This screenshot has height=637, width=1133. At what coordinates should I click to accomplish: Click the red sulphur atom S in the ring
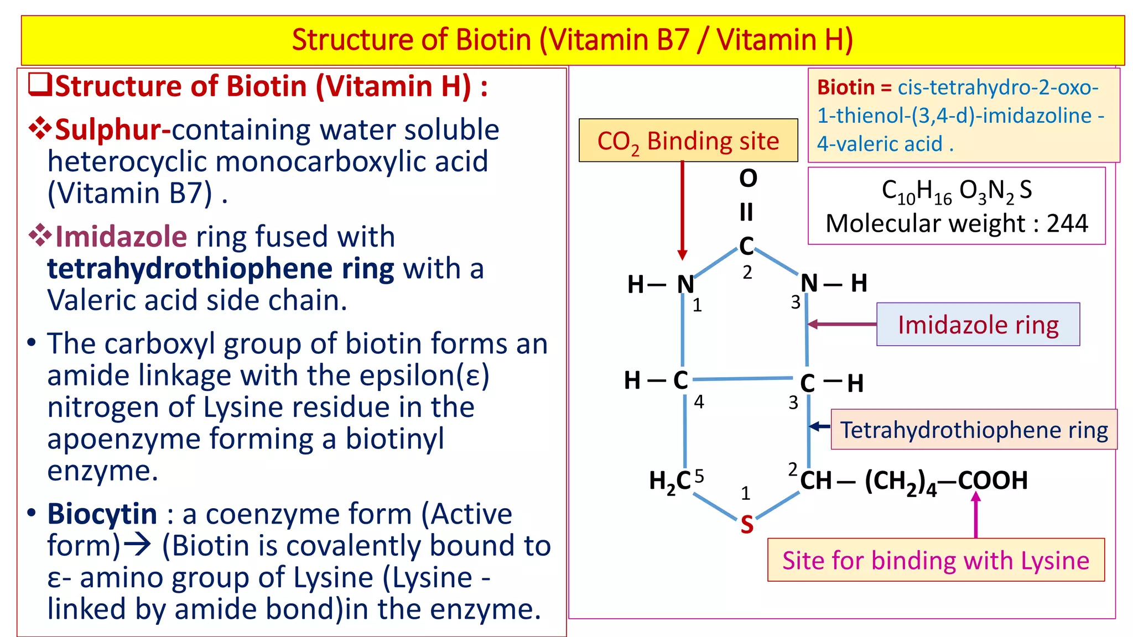(x=747, y=524)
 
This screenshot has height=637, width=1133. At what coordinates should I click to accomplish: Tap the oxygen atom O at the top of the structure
(x=748, y=178)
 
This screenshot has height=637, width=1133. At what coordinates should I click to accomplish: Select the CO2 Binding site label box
(x=688, y=140)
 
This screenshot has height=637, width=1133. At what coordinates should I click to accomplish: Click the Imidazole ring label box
(x=978, y=325)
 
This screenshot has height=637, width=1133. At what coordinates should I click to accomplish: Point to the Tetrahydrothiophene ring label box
(x=974, y=430)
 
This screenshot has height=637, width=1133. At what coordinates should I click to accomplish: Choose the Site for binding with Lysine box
(x=935, y=560)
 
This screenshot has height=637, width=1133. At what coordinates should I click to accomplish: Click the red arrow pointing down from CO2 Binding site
(x=682, y=210)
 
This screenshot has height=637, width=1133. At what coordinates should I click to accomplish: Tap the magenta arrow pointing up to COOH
(x=976, y=514)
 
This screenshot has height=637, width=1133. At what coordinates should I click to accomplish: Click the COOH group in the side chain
(x=993, y=480)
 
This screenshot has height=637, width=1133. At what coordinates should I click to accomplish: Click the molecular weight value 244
(x=1067, y=223)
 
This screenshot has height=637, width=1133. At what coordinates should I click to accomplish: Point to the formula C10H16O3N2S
(x=957, y=191)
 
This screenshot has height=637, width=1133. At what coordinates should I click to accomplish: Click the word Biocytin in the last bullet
(x=102, y=514)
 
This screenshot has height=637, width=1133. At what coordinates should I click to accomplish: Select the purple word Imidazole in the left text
(x=121, y=237)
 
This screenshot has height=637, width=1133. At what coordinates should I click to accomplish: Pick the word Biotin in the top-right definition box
(x=845, y=87)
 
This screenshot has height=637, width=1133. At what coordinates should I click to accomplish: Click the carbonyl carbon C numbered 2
(x=746, y=246)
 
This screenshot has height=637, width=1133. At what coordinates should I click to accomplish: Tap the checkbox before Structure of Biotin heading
(x=40, y=85)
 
